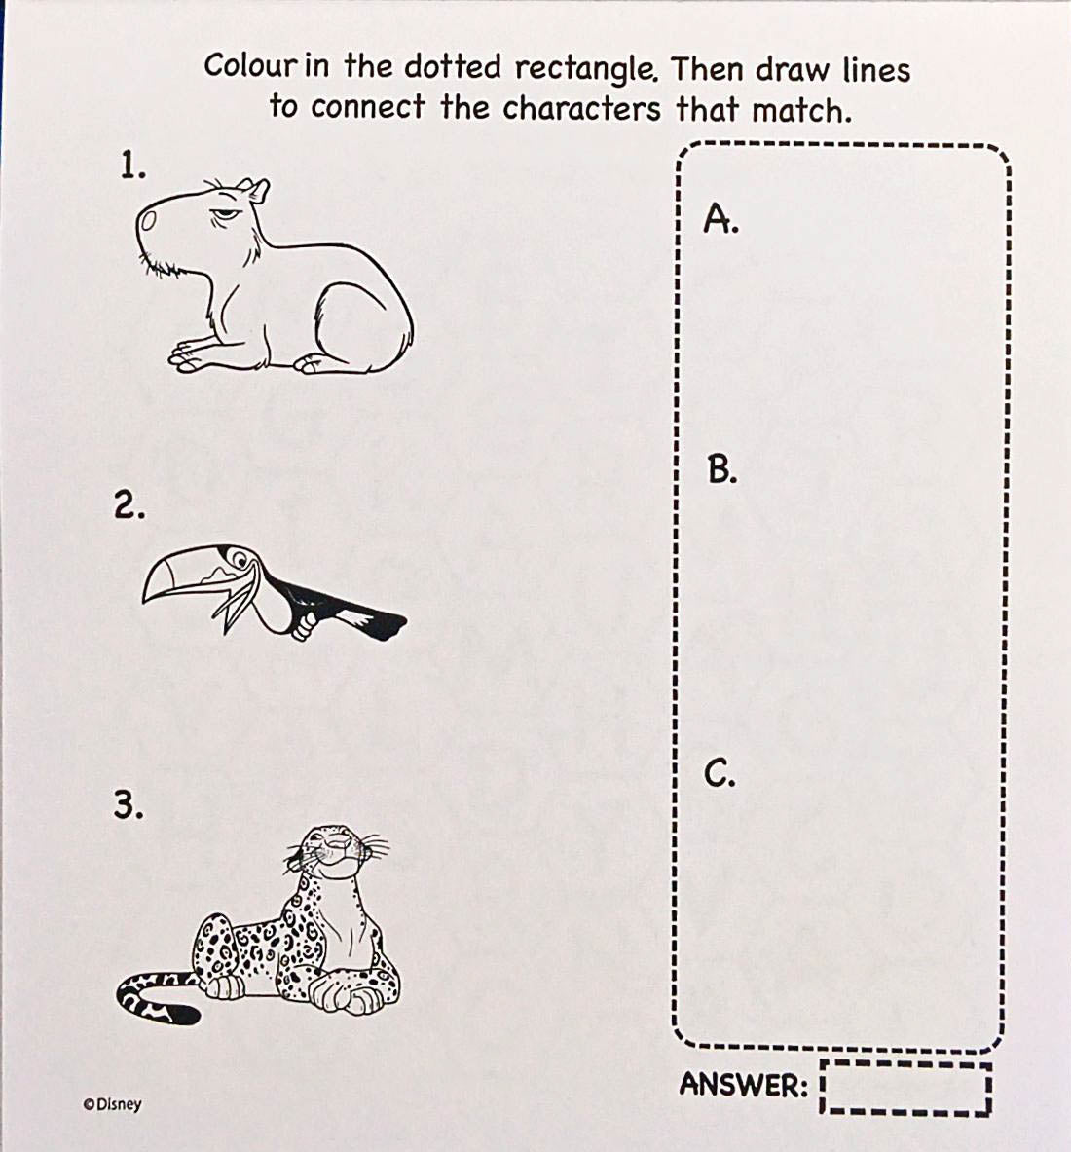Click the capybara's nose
point(149,220)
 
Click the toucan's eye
point(238,563)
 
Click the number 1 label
point(133,167)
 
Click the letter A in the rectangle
point(720,217)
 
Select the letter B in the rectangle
point(722,469)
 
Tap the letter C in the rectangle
point(720,773)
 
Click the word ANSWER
point(744,1085)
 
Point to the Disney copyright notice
point(112,1104)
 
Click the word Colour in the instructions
point(251,65)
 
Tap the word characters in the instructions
point(582,109)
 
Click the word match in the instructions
point(801,110)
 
